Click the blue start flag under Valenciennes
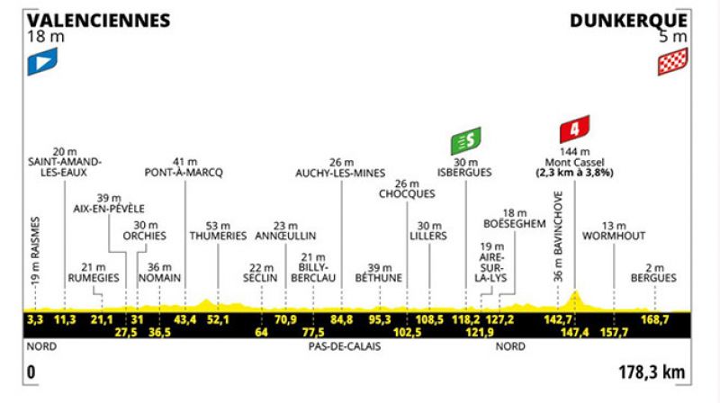pos(42,61)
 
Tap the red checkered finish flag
pos(672,61)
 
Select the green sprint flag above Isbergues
pos(465,140)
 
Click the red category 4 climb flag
pos(574,129)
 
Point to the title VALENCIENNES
pos(98,21)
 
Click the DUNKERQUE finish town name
pos(628,21)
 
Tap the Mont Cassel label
pos(574,163)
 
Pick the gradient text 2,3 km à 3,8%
pos(574,173)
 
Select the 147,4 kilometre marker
pos(574,332)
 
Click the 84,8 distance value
pos(341,319)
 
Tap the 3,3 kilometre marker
pos(35,319)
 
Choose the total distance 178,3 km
pos(652,372)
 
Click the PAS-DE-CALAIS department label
pos(345,346)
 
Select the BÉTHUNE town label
pos(379,278)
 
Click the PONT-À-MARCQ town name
pos(184,173)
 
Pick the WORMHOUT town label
pos(614,236)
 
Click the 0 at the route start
pos(31,372)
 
